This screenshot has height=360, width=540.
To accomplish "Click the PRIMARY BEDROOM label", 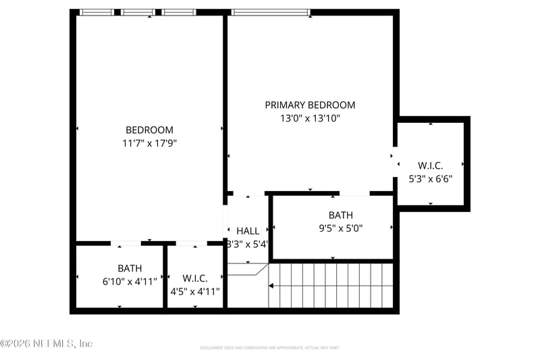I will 310,105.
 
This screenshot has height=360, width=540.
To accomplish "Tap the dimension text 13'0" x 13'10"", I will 310,118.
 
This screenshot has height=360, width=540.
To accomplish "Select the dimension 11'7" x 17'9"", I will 149,143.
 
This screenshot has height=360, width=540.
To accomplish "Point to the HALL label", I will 248,231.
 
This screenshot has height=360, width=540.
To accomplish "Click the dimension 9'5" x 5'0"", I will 341,228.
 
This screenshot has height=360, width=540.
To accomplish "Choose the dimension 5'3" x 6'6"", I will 431,179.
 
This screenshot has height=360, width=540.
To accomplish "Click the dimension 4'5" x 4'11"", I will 195,291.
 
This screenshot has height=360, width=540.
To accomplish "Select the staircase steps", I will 331,285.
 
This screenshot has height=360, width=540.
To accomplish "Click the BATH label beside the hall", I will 341,215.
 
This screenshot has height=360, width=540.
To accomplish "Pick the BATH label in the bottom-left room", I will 130,268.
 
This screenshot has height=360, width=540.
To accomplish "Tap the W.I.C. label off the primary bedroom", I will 431,165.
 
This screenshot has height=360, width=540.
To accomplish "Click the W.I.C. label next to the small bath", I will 195,278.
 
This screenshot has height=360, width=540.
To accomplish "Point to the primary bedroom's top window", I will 270,12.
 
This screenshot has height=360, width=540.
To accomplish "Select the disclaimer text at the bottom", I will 269,348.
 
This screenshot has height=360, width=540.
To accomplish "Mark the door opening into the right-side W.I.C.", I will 395,162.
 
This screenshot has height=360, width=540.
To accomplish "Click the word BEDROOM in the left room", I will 149,130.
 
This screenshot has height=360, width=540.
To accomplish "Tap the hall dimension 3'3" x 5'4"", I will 248,245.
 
